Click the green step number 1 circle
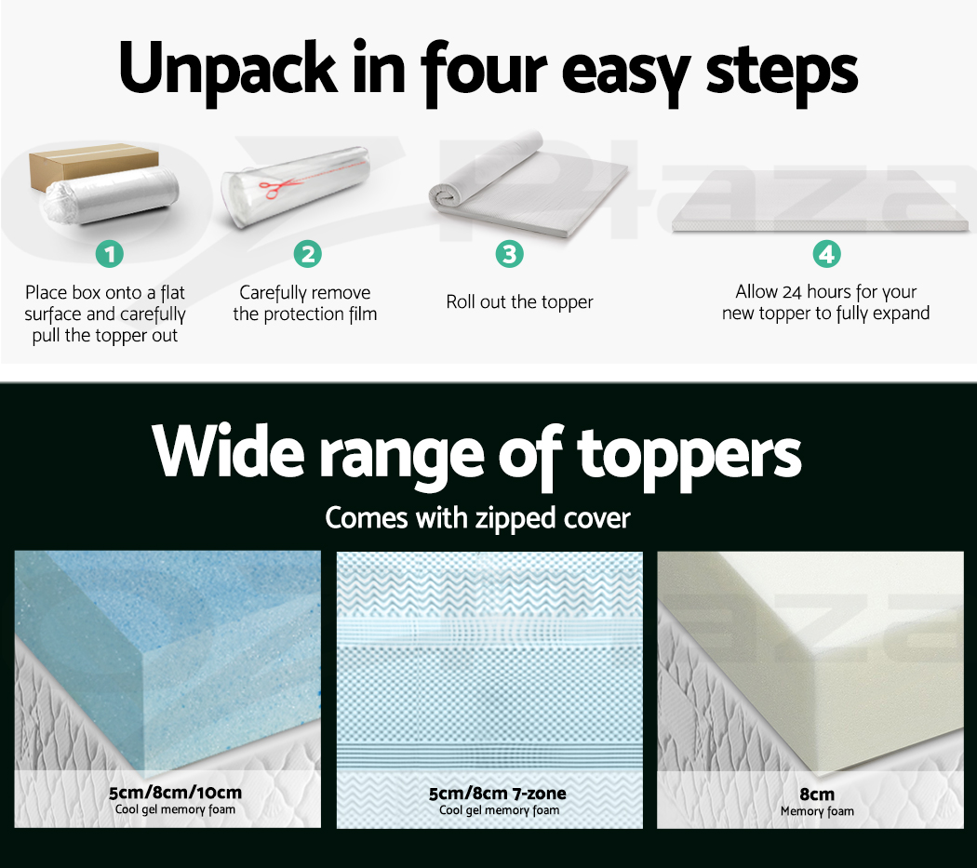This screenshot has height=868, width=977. pyautogui.click(x=110, y=254)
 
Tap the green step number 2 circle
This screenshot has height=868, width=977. pyautogui.click(x=308, y=254)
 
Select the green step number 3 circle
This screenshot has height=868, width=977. pyautogui.click(x=510, y=254)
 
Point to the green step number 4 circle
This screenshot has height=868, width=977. pyautogui.click(x=827, y=254)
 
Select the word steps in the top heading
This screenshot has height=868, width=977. pyautogui.click(x=782, y=72)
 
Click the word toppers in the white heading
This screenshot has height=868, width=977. pyautogui.click(x=689, y=457)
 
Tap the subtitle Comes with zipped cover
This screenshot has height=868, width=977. pyautogui.click(x=478, y=518)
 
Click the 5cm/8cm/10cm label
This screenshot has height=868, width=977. pyautogui.click(x=175, y=793)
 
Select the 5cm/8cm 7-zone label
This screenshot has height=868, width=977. pyautogui.click(x=498, y=794)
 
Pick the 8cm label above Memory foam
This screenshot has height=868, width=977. pyautogui.click(x=817, y=794)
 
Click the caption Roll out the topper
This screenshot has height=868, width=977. pyautogui.click(x=519, y=302)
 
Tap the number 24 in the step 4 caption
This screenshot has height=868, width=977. pyautogui.click(x=791, y=291)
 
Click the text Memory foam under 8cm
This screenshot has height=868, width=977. pyautogui.click(x=817, y=811)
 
